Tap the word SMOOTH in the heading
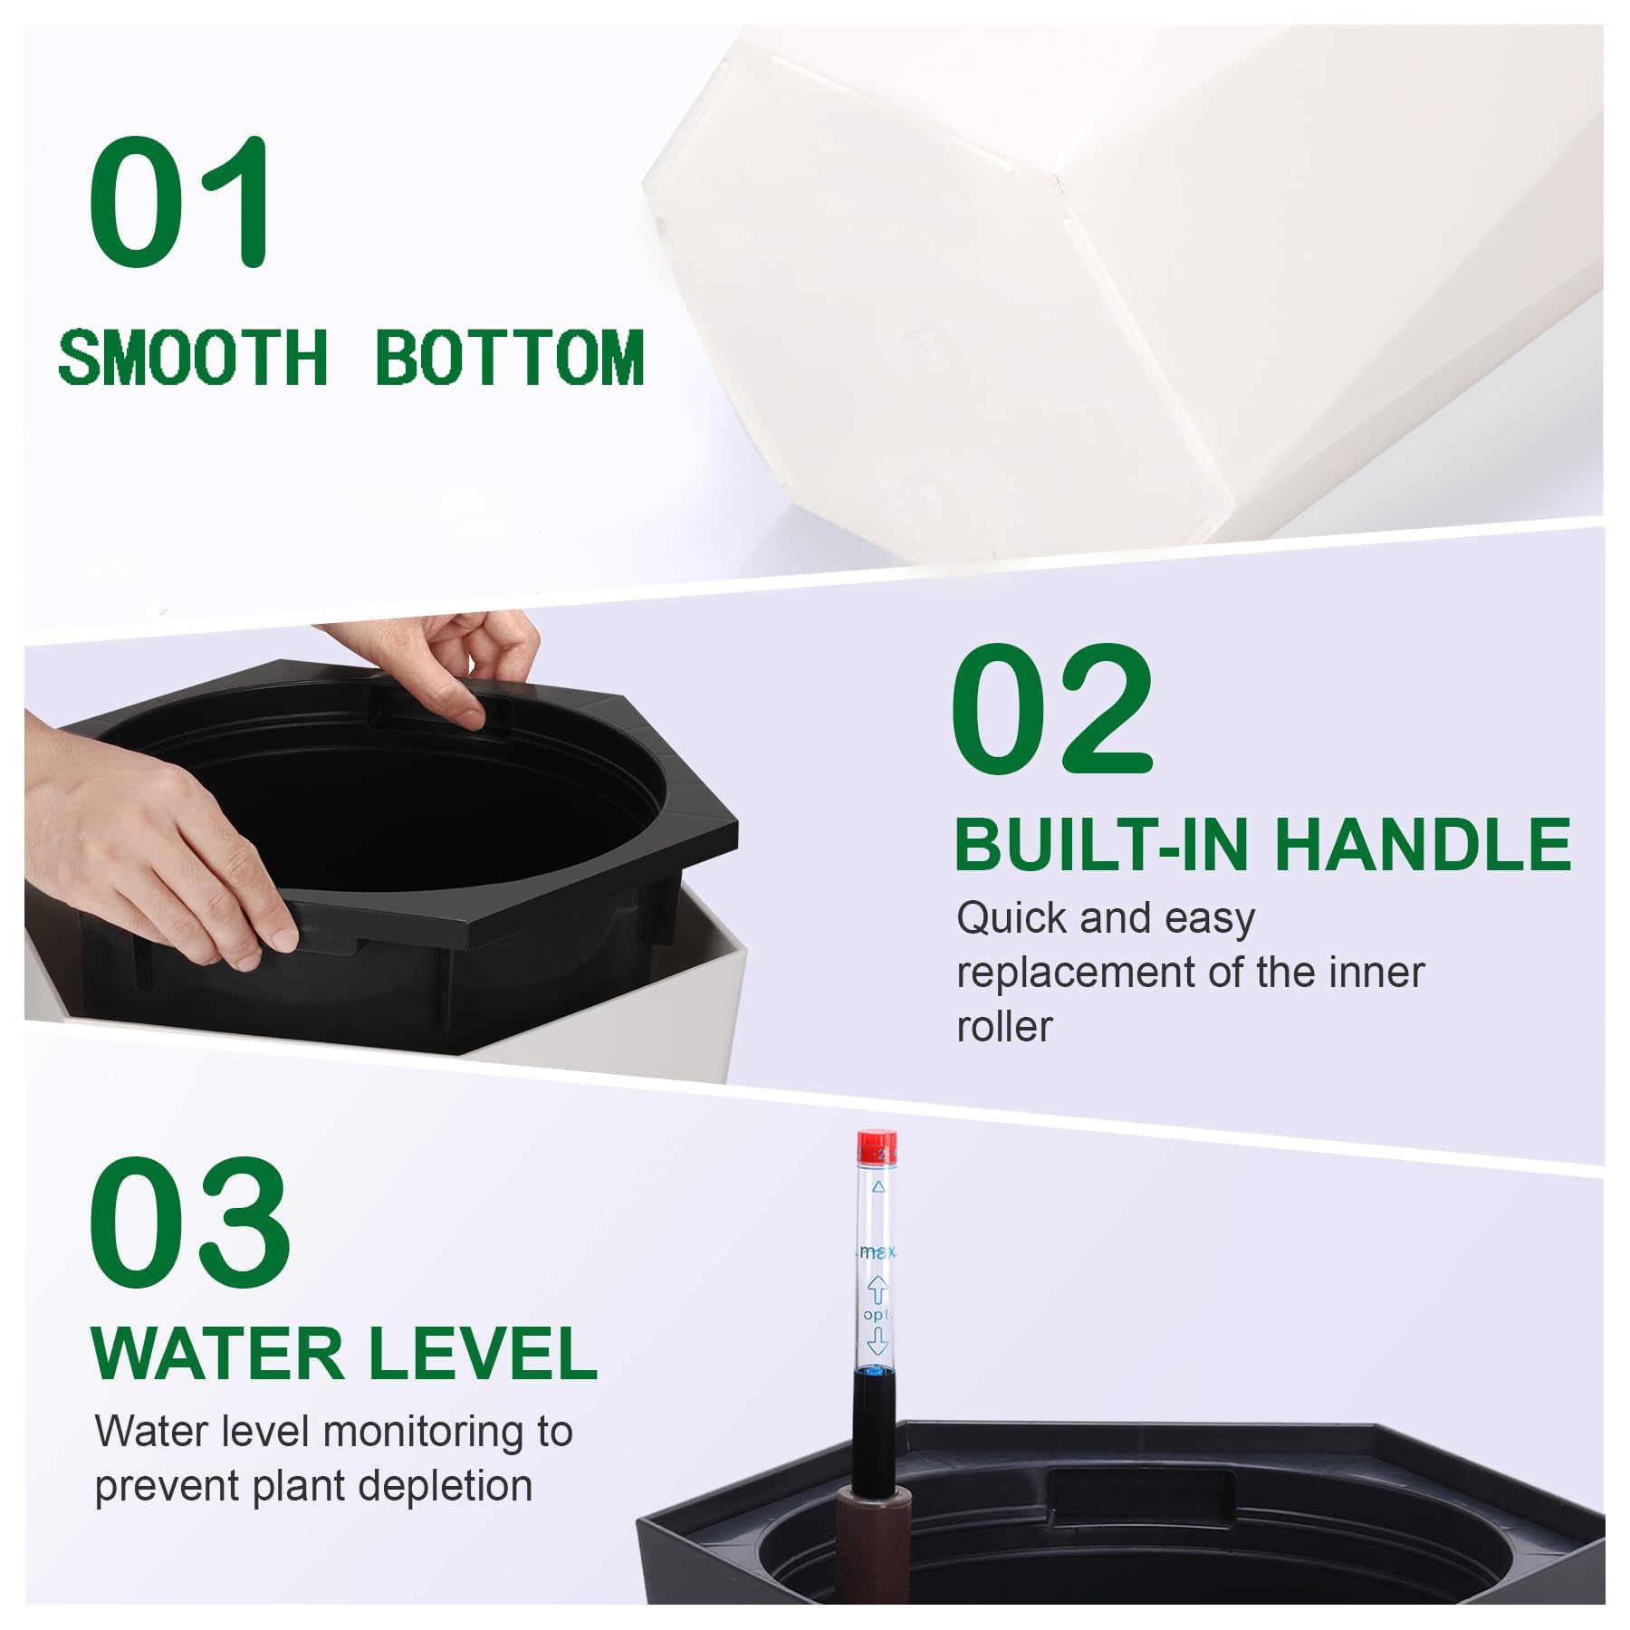tap(192, 358)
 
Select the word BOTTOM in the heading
tap(509, 358)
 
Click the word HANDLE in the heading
tap(1423, 844)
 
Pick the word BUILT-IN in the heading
tap(1107, 844)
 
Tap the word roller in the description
tap(1004, 1027)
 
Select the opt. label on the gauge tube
tap(877, 1314)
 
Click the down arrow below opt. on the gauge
tap(876, 1341)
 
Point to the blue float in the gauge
tap(876, 1373)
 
